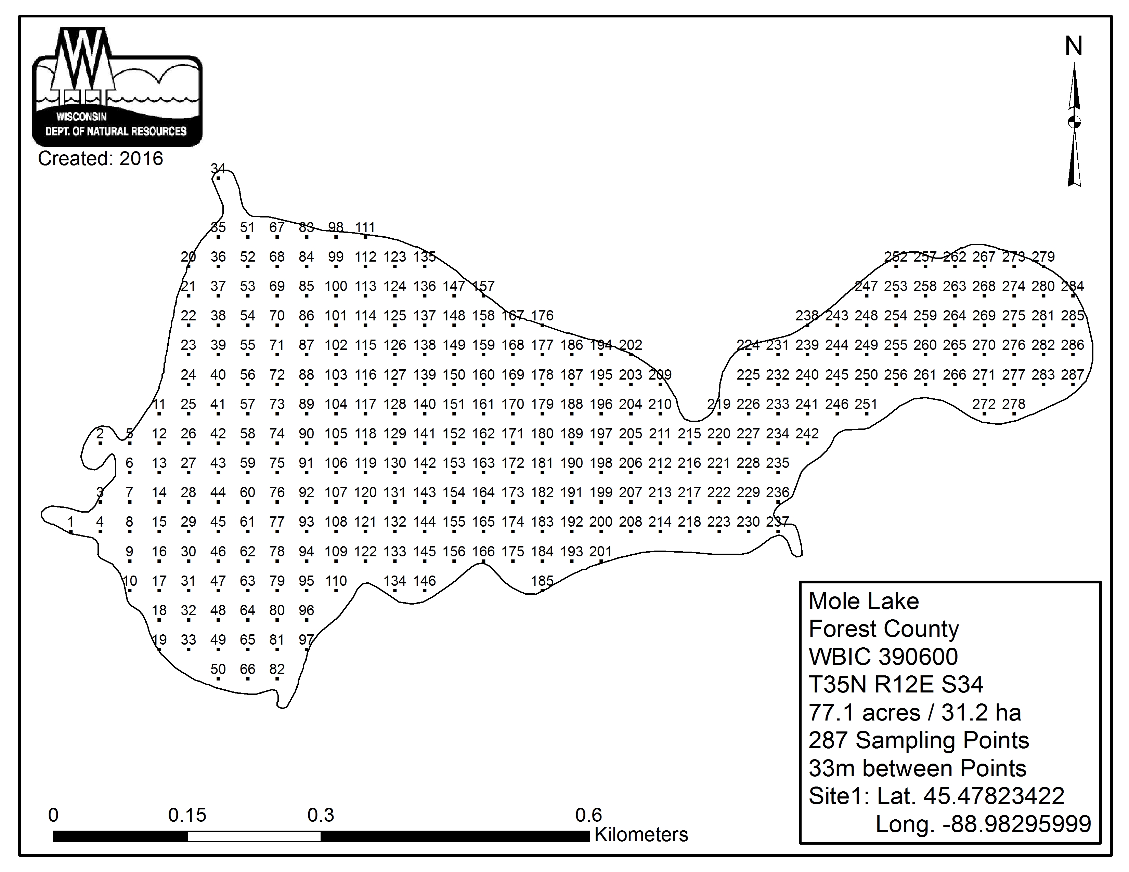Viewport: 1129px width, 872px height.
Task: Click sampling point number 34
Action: point(218,178)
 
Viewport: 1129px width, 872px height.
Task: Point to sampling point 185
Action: point(542,591)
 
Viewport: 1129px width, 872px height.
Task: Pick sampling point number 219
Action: point(718,414)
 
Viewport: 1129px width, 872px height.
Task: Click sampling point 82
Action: point(277,679)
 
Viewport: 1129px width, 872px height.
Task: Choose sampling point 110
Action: point(336,591)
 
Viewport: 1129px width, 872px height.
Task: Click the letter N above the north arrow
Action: point(1074,47)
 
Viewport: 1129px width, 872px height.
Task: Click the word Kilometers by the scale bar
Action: point(641,835)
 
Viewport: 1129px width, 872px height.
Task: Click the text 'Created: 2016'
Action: point(100,159)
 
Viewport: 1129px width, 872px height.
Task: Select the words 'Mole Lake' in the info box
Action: point(864,601)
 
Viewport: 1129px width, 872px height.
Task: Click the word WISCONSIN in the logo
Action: point(82,117)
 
